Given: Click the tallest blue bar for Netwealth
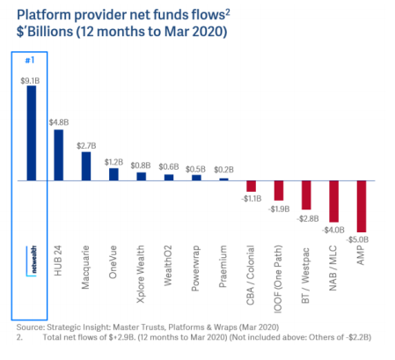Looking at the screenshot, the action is (32, 133).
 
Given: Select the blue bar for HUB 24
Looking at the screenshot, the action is (59, 155).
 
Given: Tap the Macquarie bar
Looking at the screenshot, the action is (86, 166).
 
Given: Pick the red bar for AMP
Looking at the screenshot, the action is (362, 207).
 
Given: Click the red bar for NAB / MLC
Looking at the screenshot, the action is (334, 202).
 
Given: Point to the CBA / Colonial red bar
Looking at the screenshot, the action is (252, 187).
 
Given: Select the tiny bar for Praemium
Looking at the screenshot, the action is (223, 180).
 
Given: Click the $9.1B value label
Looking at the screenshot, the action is (30, 81).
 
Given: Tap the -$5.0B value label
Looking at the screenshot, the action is (357, 239).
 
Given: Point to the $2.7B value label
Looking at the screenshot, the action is (86, 146).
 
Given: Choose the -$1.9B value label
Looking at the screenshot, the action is (279, 209).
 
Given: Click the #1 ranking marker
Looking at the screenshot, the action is (30, 60).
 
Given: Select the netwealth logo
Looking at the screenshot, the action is (32, 261).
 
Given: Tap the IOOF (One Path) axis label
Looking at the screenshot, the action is (278, 279).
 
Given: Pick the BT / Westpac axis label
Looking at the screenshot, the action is (305, 276).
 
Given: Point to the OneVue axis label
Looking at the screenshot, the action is (113, 262).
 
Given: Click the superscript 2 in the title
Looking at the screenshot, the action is (228, 12).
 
